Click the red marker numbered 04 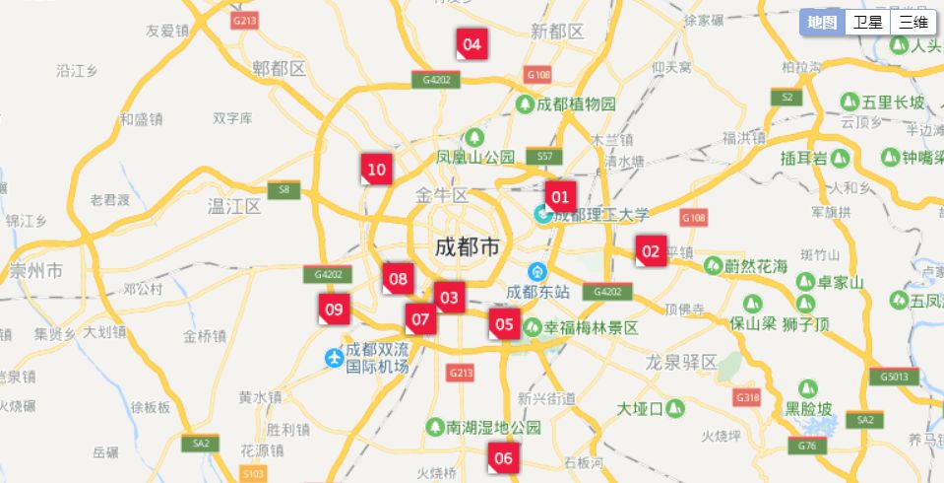click(472, 43)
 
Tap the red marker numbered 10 click(376, 170)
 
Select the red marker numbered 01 click(560, 196)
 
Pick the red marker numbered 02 click(651, 251)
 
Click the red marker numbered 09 click(334, 310)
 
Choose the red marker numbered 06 click(503, 457)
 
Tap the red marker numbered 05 click(504, 323)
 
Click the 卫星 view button click(867, 23)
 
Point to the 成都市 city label click(468, 247)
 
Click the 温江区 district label click(233, 206)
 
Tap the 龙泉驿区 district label click(681, 362)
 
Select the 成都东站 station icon click(537, 272)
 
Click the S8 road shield click(283, 189)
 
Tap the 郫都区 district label click(280, 68)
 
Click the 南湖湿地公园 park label click(493, 427)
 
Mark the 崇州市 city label click(36, 270)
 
